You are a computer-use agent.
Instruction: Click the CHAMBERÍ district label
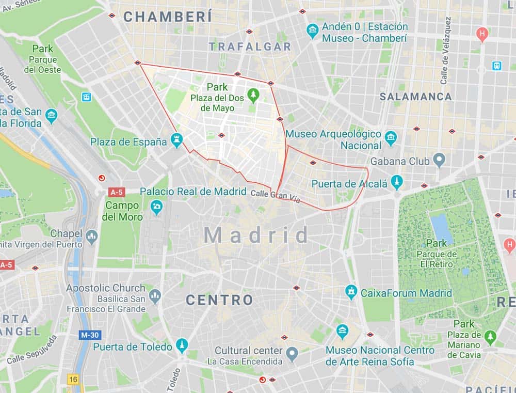pos(167,17)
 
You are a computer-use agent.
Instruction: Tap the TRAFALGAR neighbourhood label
pos(250,46)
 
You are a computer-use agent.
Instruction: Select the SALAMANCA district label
pos(415,97)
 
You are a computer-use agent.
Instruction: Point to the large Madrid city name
pos(256,235)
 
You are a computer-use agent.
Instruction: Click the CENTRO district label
pos(219,300)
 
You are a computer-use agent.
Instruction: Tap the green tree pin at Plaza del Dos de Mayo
pos(253,95)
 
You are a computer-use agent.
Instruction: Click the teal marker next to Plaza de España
pos(177,140)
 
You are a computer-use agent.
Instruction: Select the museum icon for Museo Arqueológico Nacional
pos(391,137)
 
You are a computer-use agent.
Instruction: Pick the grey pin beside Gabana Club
pos(439,160)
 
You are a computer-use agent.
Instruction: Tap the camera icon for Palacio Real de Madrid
pos(156,208)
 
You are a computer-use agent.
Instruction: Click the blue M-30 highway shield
pos(89,335)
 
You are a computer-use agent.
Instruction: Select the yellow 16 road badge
pos(72,379)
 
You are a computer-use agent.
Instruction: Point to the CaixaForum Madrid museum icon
pos(351,292)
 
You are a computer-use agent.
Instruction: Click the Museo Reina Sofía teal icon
pos(342,331)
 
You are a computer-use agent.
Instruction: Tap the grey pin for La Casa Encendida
pos(293,354)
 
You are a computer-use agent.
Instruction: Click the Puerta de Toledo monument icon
pos(182,345)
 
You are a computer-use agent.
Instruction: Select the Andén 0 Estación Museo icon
pos(312,31)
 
